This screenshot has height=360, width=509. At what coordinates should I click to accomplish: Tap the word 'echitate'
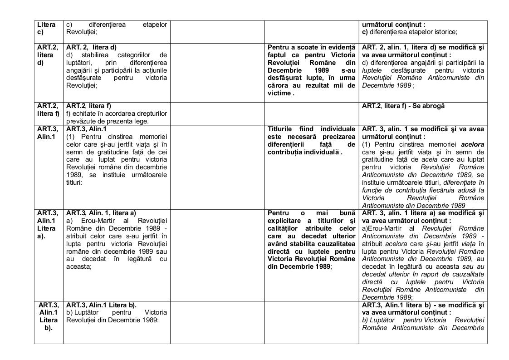83,113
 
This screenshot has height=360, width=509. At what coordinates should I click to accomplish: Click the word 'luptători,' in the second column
79,62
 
